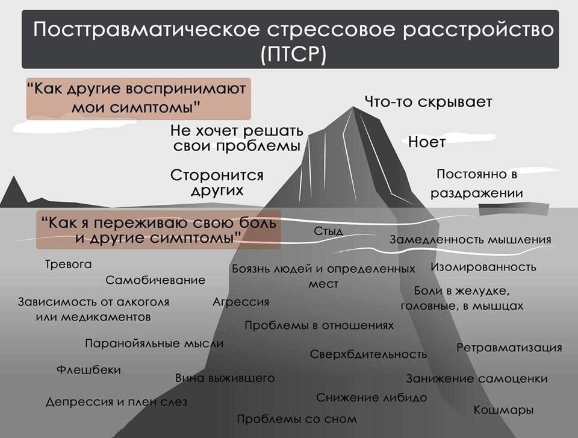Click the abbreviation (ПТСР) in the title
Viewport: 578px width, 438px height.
click(x=294, y=54)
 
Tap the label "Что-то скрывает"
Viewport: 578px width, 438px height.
click(x=428, y=102)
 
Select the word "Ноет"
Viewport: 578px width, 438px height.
click(x=426, y=142)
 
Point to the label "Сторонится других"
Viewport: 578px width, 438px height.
click(x=217, y=183)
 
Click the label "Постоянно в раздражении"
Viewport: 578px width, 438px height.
click(x=476, y=183)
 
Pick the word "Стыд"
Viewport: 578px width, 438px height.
click(x=329, y=231)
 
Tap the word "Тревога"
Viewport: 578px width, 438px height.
click(x=68, y=264)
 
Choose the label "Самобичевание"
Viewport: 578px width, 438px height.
click(x=155, y=280)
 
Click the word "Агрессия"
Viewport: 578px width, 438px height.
click(x=241, y=302)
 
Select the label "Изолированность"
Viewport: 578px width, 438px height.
click(x=483, y=267)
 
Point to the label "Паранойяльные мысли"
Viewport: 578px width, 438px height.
click(x=154, y=343)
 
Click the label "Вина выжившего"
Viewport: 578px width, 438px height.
click(x=225, y=378)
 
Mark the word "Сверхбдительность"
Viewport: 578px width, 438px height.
click(x=368, y=354)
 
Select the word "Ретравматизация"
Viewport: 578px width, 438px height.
click(x=509, y=348)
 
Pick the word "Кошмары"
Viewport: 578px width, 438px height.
click(x=503, y=410)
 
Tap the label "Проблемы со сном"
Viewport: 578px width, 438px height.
click(x=297, y=419)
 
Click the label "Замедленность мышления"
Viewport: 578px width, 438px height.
click(x=470, y=240)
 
